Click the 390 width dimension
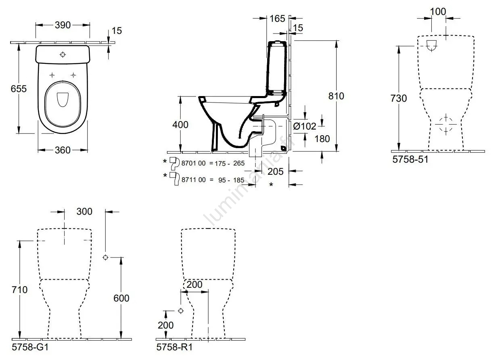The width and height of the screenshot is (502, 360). click(63, 25)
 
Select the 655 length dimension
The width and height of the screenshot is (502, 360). click(19, 88)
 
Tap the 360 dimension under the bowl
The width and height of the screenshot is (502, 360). click(62, 150)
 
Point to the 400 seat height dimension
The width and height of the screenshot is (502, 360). click(180, 125)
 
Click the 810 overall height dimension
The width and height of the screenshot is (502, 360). click(336, 96)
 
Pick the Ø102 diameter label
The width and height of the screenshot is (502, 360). click(305, 126)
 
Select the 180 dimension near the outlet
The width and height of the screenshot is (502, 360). click(322, 138)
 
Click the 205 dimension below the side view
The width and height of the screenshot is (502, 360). click(276, 171)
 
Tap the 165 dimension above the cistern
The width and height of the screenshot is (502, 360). click(277, 19)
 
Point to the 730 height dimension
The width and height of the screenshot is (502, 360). click(399, 98)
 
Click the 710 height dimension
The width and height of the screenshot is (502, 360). click(19, 289)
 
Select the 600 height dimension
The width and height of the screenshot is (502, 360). click(121, 298)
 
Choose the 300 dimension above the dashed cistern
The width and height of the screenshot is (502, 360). click(84, 211)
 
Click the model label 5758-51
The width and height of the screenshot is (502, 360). click(410, 159)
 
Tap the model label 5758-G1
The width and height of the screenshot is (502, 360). click(31, 347)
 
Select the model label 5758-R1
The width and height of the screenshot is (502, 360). click(174, 347)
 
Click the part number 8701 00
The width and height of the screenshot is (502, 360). click(194, 163)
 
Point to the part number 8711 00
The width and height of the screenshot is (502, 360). click(194, 180)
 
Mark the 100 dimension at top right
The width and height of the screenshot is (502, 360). click(438, 11)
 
